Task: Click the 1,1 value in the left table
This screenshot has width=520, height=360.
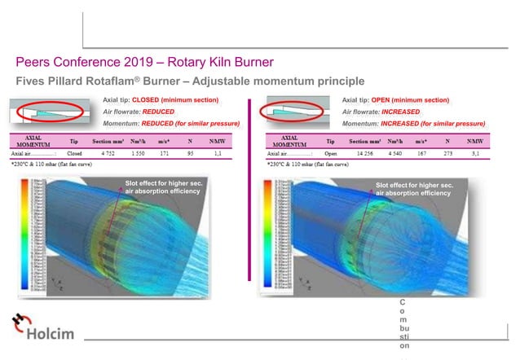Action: [x=217, y=152]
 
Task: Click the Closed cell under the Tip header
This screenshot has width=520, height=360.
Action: [x=74, y=152]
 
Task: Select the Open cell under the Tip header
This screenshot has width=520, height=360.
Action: [x=331, y=152]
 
